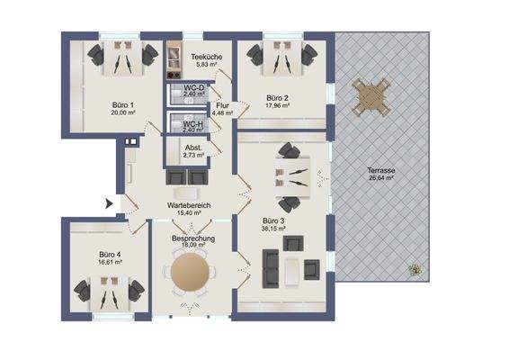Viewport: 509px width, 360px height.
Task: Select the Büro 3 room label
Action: pyautogui.click(x=274, y=220)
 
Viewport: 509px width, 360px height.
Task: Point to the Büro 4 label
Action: pyautogui.click(x=111, y=255)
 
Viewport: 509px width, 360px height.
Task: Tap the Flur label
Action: pyautogui.click(x=222, y=105)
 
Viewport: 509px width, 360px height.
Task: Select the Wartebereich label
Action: pyautogui.click(x=188, y=206)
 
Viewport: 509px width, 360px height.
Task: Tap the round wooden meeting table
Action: pyautogui.click(x=192, y=272)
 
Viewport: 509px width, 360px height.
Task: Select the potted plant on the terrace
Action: pyautogui.click(x=414, y=267)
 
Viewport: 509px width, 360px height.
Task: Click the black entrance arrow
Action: pyautogui.click(x=110, y=204)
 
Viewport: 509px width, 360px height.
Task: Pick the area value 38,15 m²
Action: pyautogui.click(x=274, y=229)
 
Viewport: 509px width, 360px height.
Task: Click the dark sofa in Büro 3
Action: pyautogui.click(x=268, y=267)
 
